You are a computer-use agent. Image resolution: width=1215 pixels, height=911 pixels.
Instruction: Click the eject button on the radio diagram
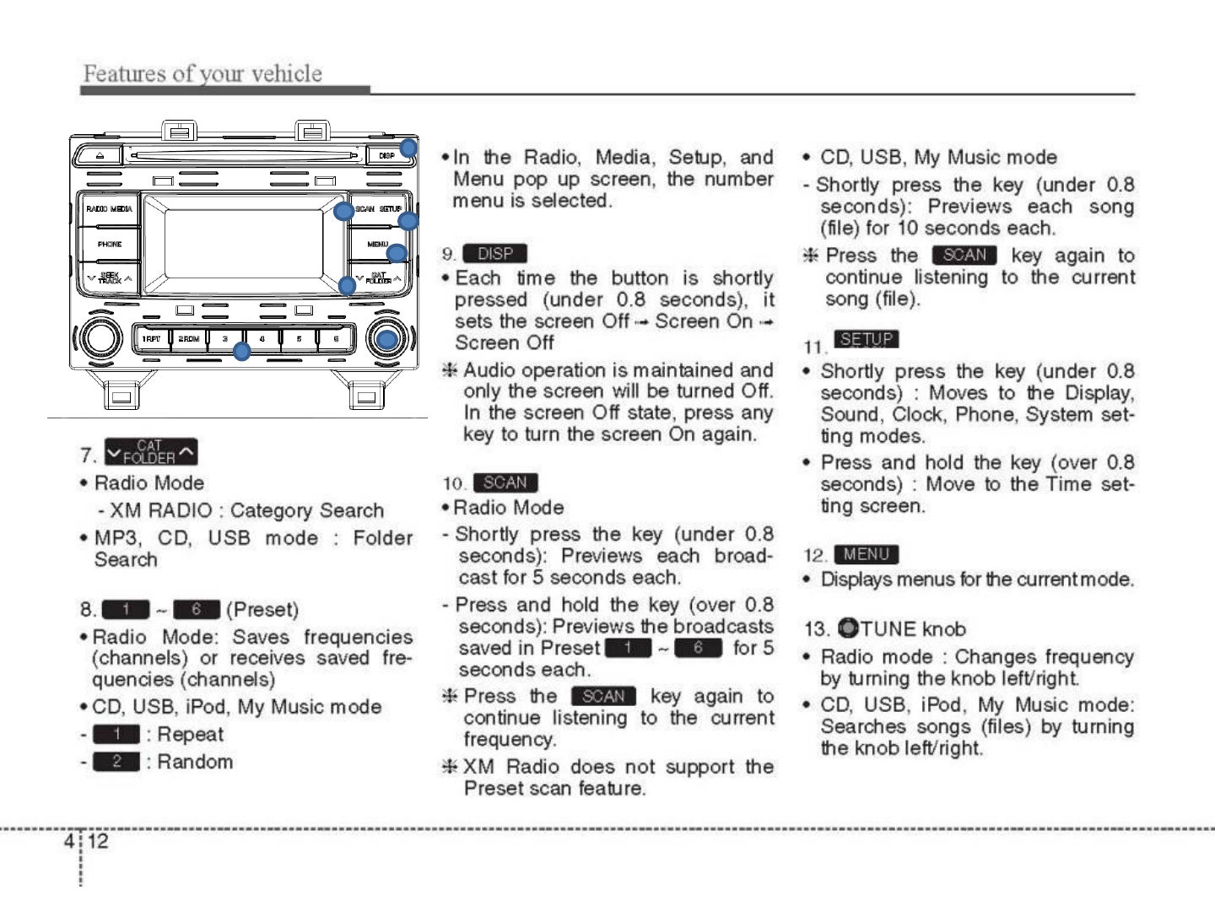click(x=99, y=156)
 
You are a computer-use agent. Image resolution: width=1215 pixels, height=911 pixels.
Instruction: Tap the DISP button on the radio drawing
click(x=386, y=156)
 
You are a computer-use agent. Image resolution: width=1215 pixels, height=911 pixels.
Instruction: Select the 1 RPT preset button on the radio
click(x=152, y=339)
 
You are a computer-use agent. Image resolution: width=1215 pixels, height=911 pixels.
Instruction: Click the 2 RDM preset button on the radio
click(x=189, y=339)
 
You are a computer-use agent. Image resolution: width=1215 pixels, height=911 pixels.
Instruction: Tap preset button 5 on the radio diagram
click(x=300, y=339)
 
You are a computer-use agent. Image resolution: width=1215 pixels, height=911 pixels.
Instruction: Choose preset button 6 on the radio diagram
click(x=336, y=339)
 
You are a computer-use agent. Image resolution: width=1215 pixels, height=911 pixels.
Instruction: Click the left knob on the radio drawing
click(x=99, y=339)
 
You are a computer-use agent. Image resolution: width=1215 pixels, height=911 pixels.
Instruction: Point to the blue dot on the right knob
click(x=387, y=340)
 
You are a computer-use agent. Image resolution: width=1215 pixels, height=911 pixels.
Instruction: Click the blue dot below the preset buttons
click(x=242, y=352)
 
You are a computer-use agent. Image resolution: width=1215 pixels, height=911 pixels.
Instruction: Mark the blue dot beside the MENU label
click(x=397, y=253)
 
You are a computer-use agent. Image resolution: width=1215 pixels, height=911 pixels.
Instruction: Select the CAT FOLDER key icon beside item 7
click(x=151, y=453)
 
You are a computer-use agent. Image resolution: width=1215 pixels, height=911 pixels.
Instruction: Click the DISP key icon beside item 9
click(x=495, y=254)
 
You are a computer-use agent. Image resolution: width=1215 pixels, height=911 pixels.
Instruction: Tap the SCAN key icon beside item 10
click(x=505, y=482)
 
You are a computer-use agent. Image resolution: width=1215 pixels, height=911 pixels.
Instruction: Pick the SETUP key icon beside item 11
click(x=867, y=339)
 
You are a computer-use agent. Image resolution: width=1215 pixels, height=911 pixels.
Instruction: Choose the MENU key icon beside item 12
click(x=867, y=554)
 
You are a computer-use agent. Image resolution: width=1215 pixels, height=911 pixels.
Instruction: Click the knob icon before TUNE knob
click(x=848, y=629)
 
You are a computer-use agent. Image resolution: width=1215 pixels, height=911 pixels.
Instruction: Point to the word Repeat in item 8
click(x=190, y=735)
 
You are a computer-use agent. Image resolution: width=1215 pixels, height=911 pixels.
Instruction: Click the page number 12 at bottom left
click(x=98, y=841)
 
